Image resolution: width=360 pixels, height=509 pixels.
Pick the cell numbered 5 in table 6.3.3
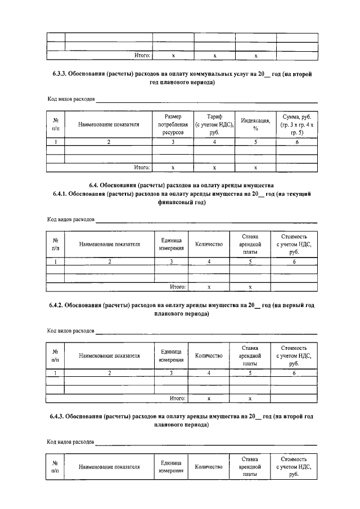coord(255,142)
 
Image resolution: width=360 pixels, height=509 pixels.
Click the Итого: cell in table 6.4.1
coord(178,287)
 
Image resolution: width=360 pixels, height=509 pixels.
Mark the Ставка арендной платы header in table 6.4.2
coord(250,356)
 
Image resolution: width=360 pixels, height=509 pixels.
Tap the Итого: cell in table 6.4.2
coord(178,398)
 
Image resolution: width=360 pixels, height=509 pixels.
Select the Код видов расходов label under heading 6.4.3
coord(71,442)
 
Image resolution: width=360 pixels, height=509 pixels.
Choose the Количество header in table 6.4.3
coord(209,467)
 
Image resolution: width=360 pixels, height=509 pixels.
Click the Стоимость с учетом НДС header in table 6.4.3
coord(294,467)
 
